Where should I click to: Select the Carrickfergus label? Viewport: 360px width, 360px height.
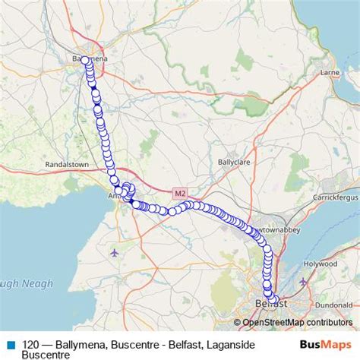click(x=335, y=197)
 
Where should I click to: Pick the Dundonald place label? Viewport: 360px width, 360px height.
click(x=335, y=304)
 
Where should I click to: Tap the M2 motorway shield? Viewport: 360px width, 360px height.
click(x=180, y=194)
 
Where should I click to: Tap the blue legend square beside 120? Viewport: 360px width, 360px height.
click(x=10, y=344)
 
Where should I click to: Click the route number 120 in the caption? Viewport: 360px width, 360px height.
click(x=31, y=344)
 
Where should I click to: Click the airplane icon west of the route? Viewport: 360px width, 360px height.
click(x=114, y=252)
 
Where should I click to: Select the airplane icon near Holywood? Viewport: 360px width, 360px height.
click(x=304, y=282)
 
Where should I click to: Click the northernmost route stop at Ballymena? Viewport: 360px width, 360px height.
click(x=85, y=59)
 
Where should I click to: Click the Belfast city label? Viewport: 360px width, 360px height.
click(x=271, y=304)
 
